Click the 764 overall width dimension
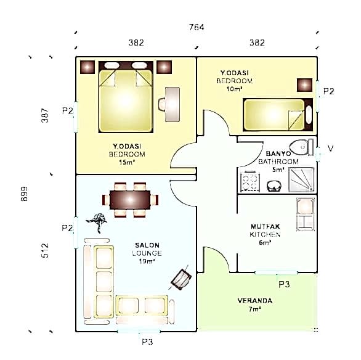point(197,27)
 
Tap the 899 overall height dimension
point(24,194)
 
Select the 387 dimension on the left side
point(45,115)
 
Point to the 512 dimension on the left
point(45,250)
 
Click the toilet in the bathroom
point(301,147)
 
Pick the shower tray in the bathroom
point(301,180)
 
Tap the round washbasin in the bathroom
point(274,186)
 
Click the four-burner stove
point(249,182)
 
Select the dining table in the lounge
point(130,200)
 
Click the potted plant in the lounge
point(97,221)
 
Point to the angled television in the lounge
point(181,279)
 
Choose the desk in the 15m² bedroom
point(172,104)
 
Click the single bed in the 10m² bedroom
point(278,115)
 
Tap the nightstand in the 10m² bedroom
point(304,85)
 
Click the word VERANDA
point(255,301)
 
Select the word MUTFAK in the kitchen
point(266,226)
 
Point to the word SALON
point(147,245)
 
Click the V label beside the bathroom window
point(330,148)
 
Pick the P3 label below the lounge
point(147,342)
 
